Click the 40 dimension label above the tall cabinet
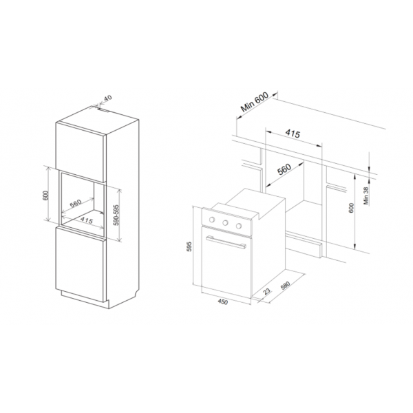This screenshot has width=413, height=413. [108, 98]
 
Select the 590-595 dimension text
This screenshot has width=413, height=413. [116, 215]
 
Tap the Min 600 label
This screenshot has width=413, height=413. [254, 102]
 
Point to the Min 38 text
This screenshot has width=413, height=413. [366, 195]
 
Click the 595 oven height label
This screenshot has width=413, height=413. [189, 246]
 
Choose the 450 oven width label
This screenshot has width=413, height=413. [222, 302]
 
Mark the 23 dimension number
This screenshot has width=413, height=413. [266, 291]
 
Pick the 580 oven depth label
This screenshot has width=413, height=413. [285, 285]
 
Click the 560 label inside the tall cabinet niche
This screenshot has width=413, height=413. [76, 203]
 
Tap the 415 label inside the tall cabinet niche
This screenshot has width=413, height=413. [87, 220]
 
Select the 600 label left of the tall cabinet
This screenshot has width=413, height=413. [45, 195]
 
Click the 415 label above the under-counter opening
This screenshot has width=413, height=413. [293, 134]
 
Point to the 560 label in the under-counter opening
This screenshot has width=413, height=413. [284, 169]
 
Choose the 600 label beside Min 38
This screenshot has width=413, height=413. [351, 209]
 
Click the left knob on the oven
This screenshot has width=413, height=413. [212, 220]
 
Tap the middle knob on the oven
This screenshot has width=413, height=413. [225, 223]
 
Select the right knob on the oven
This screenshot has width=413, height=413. [239, 226]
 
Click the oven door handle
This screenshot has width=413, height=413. [226, 242]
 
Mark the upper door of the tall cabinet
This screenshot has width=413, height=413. [81, 152]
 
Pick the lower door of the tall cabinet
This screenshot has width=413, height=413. [81, 264]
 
